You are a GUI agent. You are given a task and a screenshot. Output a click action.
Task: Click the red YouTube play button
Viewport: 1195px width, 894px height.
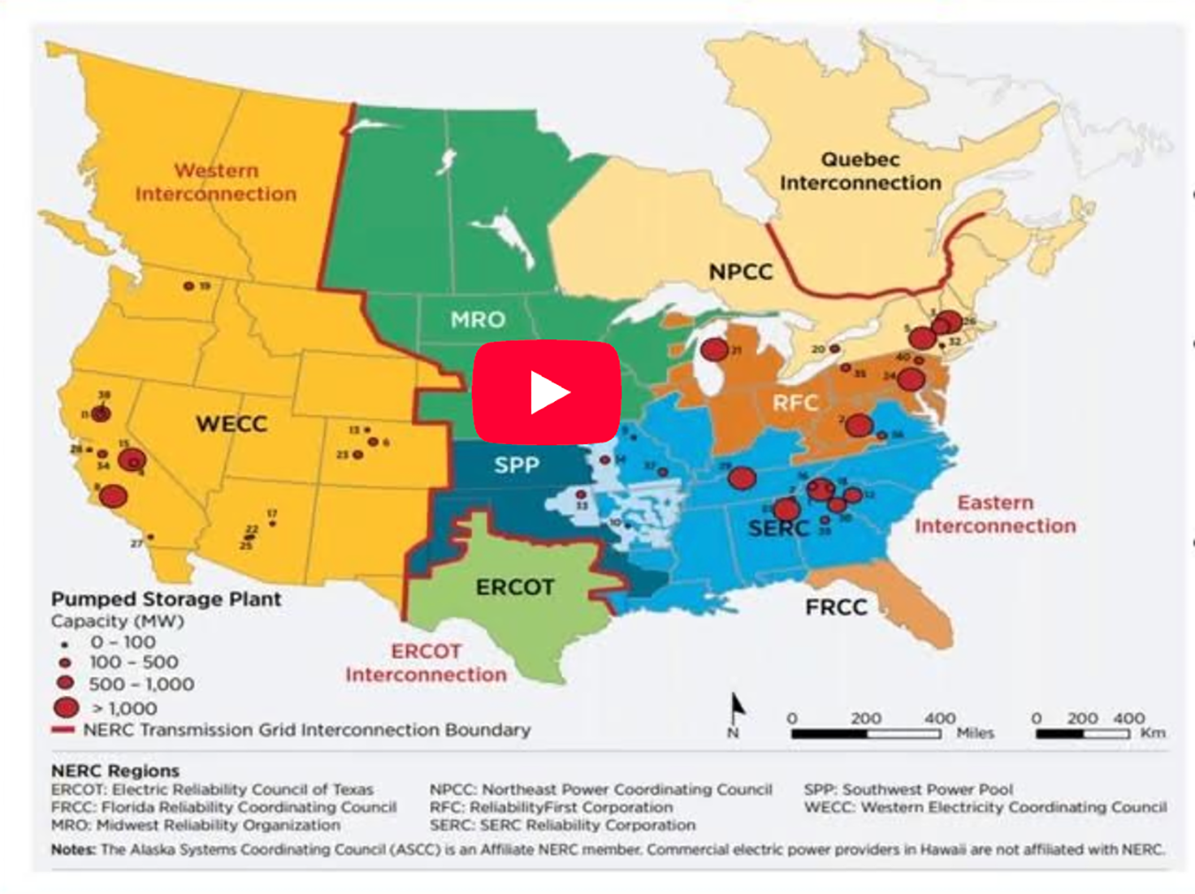546,392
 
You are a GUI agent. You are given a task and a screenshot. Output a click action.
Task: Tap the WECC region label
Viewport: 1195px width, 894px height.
231,424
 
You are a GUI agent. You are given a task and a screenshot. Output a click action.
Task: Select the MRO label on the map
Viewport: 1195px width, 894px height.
478,320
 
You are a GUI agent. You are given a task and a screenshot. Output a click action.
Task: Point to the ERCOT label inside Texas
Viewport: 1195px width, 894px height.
515,588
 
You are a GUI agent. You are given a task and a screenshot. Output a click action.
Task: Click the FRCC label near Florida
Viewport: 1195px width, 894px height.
836,607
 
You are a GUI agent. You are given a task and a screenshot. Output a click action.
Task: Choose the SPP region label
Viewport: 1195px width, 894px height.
516,466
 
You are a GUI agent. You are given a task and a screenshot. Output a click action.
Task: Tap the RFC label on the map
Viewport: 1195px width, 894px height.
795,404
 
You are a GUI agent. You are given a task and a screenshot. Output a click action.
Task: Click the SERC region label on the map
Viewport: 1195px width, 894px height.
779,529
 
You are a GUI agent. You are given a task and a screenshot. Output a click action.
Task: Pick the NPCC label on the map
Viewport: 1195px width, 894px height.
741,272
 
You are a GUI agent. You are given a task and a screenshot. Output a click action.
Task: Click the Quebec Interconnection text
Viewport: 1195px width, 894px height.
860,172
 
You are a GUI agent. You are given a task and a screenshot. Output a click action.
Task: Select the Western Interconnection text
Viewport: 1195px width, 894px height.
216,182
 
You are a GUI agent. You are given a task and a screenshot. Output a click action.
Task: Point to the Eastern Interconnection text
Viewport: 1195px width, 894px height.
995,514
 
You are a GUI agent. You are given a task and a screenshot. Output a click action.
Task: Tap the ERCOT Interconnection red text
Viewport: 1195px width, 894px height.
426,663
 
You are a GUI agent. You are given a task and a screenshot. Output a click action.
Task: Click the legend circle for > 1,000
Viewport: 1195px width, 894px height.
66,707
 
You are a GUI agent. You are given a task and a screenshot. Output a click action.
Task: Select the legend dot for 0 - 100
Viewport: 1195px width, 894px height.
65,644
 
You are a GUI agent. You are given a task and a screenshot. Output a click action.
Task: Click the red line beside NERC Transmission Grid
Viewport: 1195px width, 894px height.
63,730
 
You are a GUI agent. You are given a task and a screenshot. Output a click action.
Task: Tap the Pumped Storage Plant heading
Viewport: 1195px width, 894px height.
166,599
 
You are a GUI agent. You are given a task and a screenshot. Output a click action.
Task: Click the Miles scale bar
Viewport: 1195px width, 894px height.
865,733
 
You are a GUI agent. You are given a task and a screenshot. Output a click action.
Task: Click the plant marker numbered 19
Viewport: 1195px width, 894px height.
189,286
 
